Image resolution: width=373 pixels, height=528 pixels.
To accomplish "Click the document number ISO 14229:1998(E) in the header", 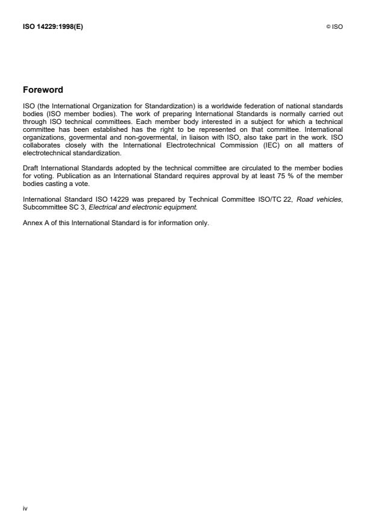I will (x=53, y=26).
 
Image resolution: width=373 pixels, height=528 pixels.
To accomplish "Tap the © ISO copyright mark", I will (x=334, y=26).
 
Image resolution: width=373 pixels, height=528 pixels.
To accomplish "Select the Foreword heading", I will (x=43, y=90).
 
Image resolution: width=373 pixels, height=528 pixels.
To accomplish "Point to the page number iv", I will (x=25, y=508).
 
